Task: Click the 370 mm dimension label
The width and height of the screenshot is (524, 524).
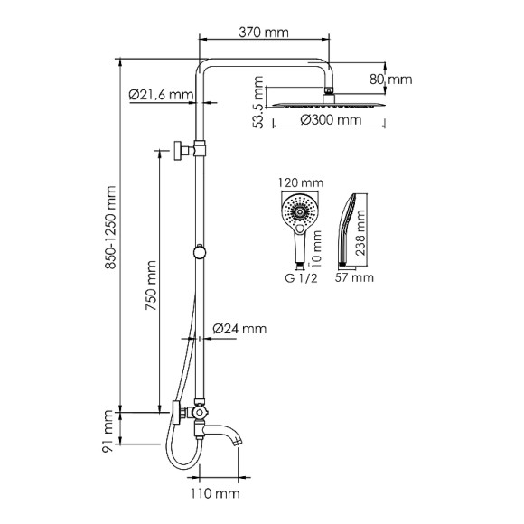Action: [263, 33]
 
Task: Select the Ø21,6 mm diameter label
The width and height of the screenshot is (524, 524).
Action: [161, 93]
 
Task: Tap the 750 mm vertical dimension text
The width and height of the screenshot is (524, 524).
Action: [150, 287]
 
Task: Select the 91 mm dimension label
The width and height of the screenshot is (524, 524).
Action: [108, 431]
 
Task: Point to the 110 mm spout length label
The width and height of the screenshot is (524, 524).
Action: [215, 492]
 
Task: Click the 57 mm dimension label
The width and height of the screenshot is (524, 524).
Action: [354, 277]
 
